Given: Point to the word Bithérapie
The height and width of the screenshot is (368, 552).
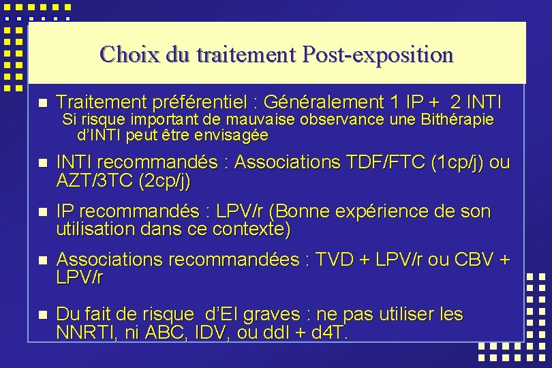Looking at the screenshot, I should (455, 121).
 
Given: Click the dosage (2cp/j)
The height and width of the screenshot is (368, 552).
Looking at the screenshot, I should (164, 181).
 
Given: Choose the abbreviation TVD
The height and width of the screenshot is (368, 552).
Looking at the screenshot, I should (335, 260).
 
